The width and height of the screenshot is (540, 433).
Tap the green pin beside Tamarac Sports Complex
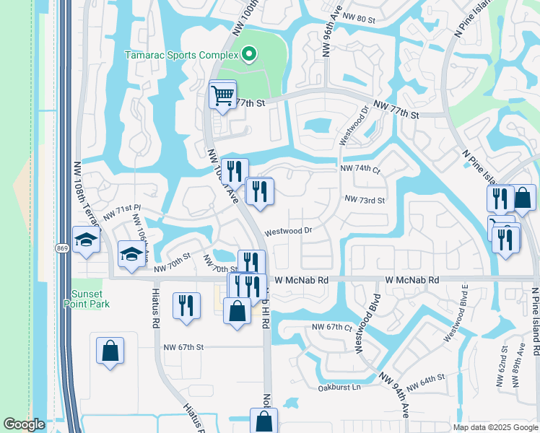[249, 54]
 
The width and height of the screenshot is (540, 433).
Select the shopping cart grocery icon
[222, 95]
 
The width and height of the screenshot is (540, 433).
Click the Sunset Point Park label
[91, 298]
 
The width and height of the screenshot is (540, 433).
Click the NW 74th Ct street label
[360, 168]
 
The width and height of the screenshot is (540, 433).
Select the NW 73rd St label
[365, 199]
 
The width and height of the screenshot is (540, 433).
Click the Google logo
[25, 424]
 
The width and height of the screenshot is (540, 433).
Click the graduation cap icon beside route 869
[86, 240]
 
